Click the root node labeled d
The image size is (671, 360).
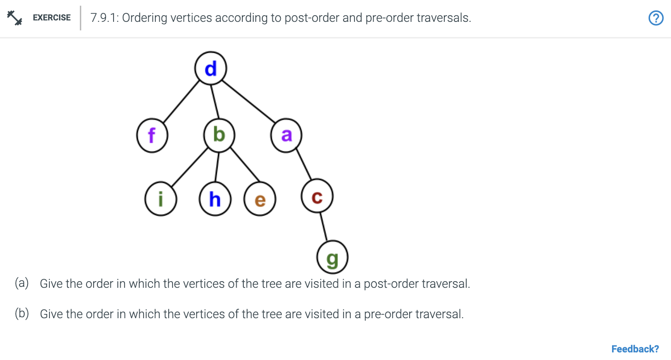pyautogui.click(x=211, y=69)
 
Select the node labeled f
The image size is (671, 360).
pyautogui.click(x=152, y=136)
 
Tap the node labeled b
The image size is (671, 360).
pyautogui.click(x=219, y=136)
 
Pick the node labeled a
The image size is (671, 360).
pyautogui.click(x=286, y=136)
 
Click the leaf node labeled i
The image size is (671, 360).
pyautogui.click(x=161, y=199)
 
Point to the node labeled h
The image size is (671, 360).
pyautogui.click(x=215, y=199)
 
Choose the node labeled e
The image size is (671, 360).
pyautogui.click(x=259, y=199)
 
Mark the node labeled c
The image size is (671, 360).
pyautogui.click(x=317, y=197)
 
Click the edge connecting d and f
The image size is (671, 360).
pyautogui.click(x=182, y=102)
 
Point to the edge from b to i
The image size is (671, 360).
pyautogui.click(x=190, y=168)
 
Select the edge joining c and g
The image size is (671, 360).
pyautogui.click(x=325, y=227)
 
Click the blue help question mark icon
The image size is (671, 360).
pyautogui.click(x=656, y=18)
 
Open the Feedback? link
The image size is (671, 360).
pyautogui.click(x=635, y=349)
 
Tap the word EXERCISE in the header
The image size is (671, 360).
pyautogui.click(x=52, y=18)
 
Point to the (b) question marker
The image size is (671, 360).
pyautogui.click(x=22, y=314)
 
